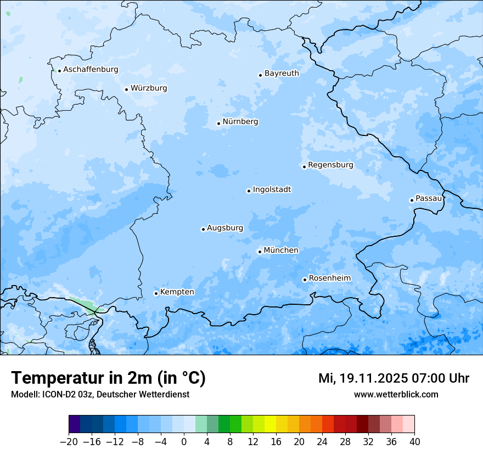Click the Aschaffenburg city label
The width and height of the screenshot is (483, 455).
(91, 70)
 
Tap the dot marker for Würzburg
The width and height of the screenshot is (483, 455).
(126, 89)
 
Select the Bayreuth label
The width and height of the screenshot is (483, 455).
(282, 73)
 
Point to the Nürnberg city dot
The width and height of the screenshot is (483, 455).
(218, 123)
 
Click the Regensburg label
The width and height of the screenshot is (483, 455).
(330, 164)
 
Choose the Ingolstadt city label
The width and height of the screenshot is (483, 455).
(272, 189)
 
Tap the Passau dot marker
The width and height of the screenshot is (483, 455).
(412, 200)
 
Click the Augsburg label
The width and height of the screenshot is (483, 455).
(224, 228)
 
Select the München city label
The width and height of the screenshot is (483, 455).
(281, 250)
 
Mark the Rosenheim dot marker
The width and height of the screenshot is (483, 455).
(305, 280)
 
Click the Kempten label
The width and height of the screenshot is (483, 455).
(177, 292)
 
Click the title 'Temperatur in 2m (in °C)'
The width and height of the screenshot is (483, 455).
(108, 378)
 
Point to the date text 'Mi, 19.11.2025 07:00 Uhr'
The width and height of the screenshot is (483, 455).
(394, 378)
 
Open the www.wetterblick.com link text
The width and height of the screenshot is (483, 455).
(396, 394)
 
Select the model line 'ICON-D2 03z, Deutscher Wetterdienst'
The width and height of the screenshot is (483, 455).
(100, 394)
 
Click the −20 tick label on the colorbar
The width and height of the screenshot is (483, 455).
(69, 442)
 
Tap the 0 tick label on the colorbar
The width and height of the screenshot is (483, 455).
(184, 442)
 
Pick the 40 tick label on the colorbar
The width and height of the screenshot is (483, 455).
(414, 442)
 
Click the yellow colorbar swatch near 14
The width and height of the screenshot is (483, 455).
(270, 424)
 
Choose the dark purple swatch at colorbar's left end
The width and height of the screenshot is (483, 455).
(75, 424)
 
